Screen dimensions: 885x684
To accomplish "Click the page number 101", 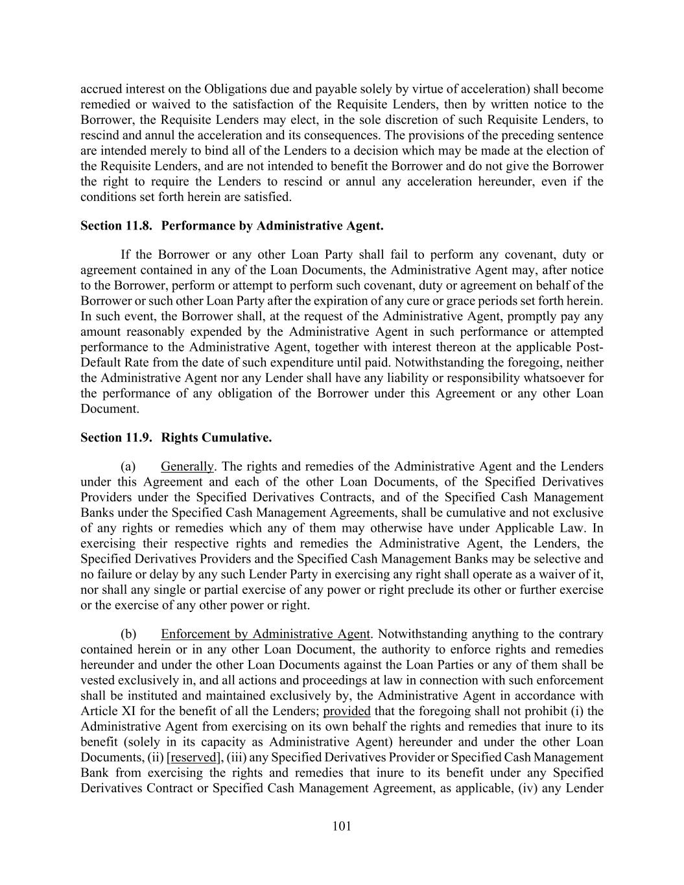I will tap(342, 826).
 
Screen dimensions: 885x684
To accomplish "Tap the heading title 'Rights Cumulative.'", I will tap(217, 438).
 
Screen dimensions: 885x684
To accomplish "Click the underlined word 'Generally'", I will tap(187, 466).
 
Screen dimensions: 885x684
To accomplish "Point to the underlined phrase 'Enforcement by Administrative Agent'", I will tap(265, 634).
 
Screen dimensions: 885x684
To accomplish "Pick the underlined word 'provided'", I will tap(347, 711).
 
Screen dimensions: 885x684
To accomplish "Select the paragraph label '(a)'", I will tap(128, 466).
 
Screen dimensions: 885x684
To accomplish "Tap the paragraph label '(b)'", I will tap(128, 634).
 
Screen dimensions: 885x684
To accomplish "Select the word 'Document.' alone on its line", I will tap(110, 409).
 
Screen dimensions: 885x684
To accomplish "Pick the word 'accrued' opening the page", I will tap(100, 89).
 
